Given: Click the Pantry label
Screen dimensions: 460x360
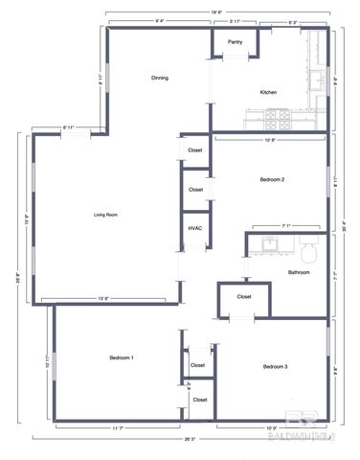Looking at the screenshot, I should [x=235, y=42].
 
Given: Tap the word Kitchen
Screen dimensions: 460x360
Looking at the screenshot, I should [x=269, y=92].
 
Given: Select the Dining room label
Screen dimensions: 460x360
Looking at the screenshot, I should [x=160, y=78].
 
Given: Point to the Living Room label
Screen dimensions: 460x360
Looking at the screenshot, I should [x=105, y=215].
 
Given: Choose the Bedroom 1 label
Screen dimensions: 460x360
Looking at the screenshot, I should [x=121, y=357].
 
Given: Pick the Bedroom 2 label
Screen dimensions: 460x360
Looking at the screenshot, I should [x=272, y=179].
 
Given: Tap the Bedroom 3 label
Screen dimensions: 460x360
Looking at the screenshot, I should [x=276, y=366].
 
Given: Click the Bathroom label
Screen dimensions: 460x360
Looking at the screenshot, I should [x=298, y=272].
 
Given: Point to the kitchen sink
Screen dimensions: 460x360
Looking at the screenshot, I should [x=313, y=75].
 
